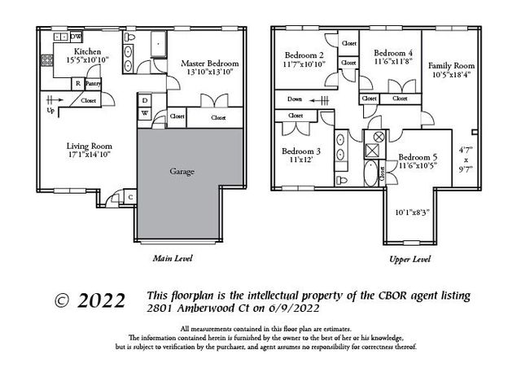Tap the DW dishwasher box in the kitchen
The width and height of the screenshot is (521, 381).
(76, 37)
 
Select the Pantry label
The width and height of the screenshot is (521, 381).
(93, 83)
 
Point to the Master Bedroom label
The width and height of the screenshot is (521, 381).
(209, 63)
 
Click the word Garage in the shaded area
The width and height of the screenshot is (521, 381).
(182, 173)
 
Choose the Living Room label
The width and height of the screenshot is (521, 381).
(88, 147)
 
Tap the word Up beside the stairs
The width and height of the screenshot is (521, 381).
(50, 110)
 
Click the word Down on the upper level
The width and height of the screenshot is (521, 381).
(295, 100)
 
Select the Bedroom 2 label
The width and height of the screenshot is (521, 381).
(303, 55)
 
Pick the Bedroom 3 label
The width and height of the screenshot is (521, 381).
(300, 151)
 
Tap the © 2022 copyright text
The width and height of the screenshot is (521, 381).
(90, 300)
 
